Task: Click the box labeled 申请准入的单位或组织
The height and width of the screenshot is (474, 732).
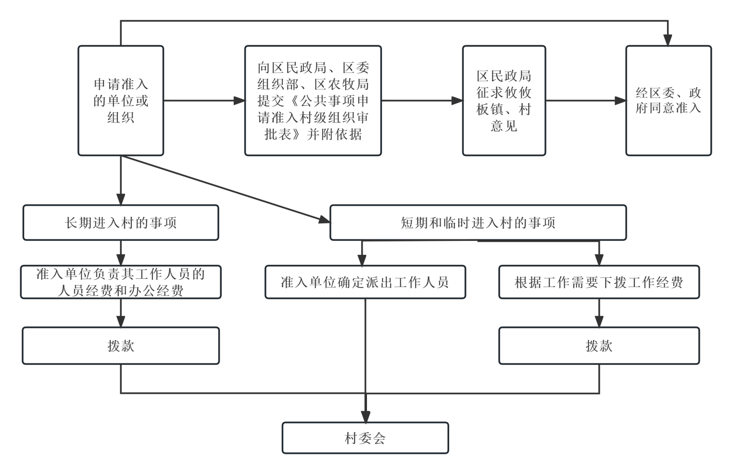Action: [x=121, y=100]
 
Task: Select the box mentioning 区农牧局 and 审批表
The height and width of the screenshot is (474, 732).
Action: [x=313, y=100]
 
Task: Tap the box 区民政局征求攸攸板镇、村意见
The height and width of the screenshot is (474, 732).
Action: [x=504, y=100]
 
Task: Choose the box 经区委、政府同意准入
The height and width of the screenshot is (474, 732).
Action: [x=669, y=100]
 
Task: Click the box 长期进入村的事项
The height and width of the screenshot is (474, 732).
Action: [x=121, y=223]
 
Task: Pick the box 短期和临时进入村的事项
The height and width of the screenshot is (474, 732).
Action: [x=478, y=223]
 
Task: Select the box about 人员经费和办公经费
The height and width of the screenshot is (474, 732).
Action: [x=121, y=282]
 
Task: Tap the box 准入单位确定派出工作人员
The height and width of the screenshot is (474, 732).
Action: [x=365, y=282]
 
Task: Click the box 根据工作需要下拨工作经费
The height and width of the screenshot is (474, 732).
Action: [x=599, y=282]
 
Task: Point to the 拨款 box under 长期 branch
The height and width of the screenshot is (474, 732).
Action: [x=121, y=346]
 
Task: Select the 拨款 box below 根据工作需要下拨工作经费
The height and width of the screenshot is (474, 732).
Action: [x=599, y=346]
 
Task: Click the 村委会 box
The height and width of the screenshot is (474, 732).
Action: [x=365, y=438]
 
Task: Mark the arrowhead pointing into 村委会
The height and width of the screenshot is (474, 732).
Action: [x=366, y=417]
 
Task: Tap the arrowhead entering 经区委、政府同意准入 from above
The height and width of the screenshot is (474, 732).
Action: [x=668, y=40]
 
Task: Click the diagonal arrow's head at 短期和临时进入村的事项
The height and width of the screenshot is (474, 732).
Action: [x=325, y=220]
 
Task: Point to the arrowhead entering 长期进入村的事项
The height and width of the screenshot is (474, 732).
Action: [x=121, y=200]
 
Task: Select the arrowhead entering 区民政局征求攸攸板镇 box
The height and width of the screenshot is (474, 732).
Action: [x=457, y=100]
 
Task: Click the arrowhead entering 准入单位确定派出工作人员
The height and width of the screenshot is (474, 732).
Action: [x=362, y=260]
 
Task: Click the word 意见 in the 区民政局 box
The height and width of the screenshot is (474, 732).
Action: [x=504, y=126]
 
